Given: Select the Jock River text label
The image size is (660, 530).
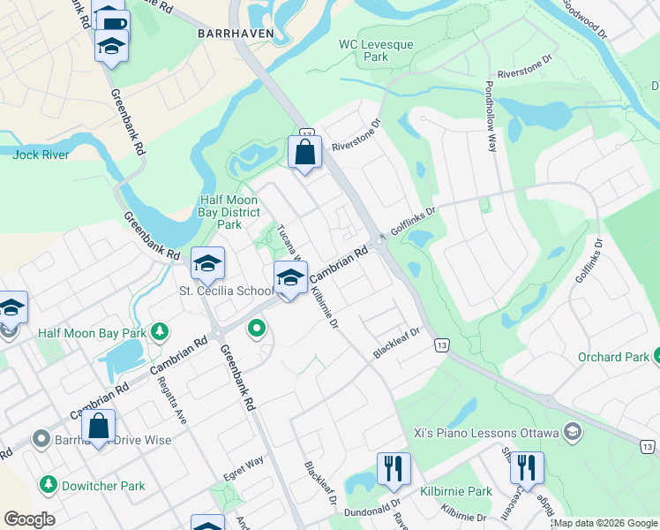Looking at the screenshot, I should tap(41, 154).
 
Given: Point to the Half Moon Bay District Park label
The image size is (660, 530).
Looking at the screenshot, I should tap(229, 212).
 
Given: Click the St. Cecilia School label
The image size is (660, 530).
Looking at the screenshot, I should tap(227, 291).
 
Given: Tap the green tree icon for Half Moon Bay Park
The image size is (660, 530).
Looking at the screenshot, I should tap(160, 332).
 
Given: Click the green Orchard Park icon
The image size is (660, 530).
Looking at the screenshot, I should tap(656, 357).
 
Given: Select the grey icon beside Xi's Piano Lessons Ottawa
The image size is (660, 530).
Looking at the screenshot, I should tap(572, 432).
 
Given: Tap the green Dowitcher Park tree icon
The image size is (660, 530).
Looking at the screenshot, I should tap(48, 485).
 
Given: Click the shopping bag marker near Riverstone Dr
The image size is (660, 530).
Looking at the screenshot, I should tap(304, 152).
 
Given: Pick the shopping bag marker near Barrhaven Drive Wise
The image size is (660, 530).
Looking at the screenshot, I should tap(99, 426).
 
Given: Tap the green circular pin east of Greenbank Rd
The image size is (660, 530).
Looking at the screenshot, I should tap(257, 329).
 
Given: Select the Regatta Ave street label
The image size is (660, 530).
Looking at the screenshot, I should tap(173, 403).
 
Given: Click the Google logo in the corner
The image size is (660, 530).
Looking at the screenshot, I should tap(29, 519).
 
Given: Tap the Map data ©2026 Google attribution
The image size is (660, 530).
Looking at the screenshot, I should tap(604, 523).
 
